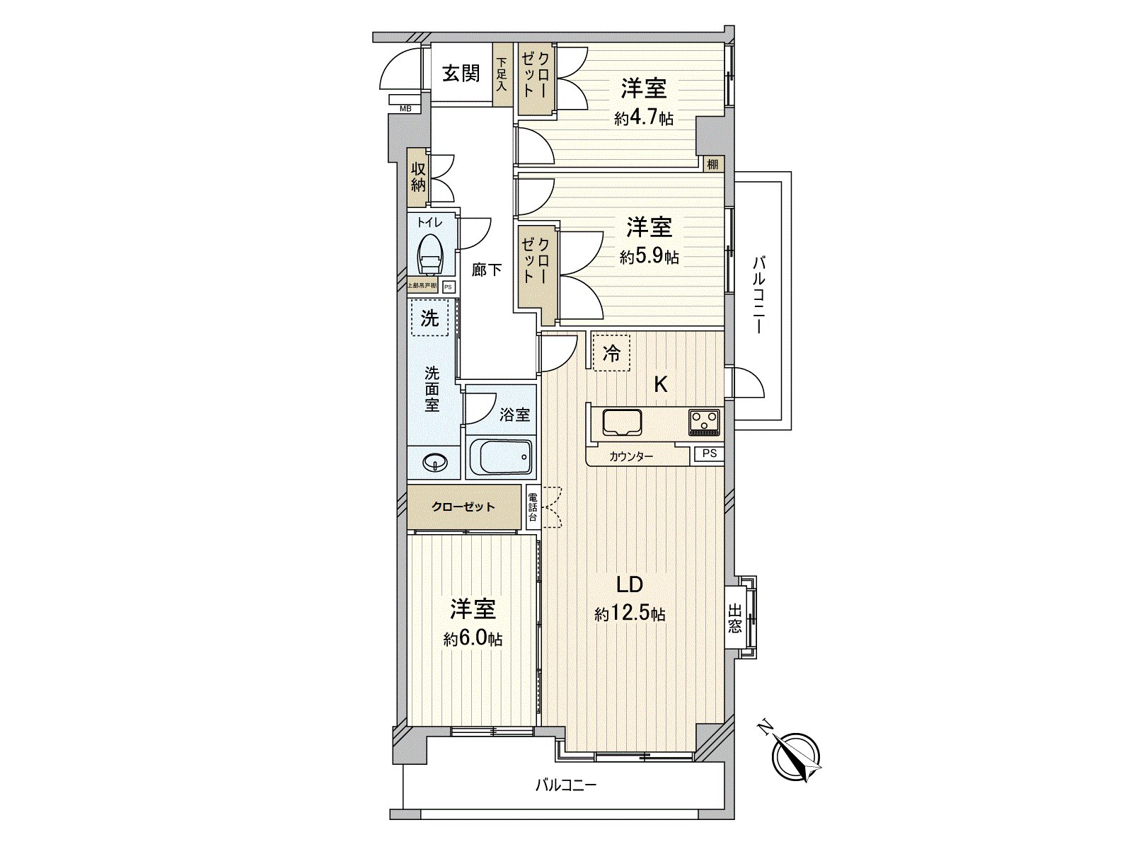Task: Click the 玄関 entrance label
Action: [461, 74]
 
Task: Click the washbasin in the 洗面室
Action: [434, 463]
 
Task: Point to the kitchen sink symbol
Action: [622, 422]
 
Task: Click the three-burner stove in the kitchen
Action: [703, 422]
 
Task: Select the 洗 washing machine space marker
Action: [430, 318]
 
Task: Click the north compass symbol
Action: [795, 756]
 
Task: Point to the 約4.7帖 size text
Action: [643, 118]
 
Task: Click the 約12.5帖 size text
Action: [630, 614]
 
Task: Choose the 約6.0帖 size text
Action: [473, 639]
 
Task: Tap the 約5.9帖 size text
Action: [649, 257]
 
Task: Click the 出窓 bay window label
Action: [735, 618]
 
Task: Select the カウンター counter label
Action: [631, 457]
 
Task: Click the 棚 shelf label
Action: [712, 165]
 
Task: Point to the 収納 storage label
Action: [418, 176]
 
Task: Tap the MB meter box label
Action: [405, 108]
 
